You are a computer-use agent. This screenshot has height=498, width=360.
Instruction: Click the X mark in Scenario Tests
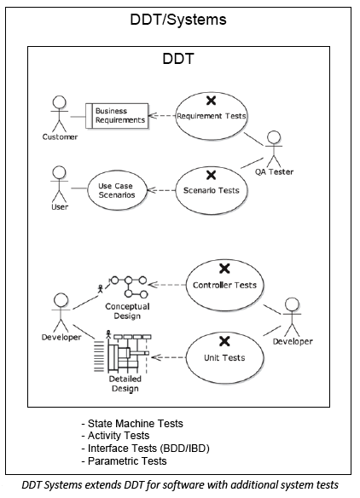click(x=211, y=175)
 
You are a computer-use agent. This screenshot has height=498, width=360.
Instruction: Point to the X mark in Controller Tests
click(x=224, y=269)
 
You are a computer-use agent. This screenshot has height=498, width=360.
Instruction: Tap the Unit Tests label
click(x=224, y=358)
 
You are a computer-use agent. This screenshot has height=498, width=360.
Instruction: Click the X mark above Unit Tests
click(x=224, y=341)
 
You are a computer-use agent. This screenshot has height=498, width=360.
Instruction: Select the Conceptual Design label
click(x=127, y=311)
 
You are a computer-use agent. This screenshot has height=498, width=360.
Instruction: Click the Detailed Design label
click(x=125, y=384)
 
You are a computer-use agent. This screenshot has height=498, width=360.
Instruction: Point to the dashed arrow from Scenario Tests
click(x=161, y=190)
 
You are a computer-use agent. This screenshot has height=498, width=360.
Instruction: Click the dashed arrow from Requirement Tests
click(x=162, y=116)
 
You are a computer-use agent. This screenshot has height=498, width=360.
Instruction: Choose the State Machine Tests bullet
click(x=132, y=423)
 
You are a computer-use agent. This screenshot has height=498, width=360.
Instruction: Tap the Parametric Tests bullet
click(x=124, y=460)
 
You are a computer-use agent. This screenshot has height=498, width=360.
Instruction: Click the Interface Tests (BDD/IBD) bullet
click(x=146, y=449)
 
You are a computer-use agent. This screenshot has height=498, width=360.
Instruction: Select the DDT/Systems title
click(x=178, y=20)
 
